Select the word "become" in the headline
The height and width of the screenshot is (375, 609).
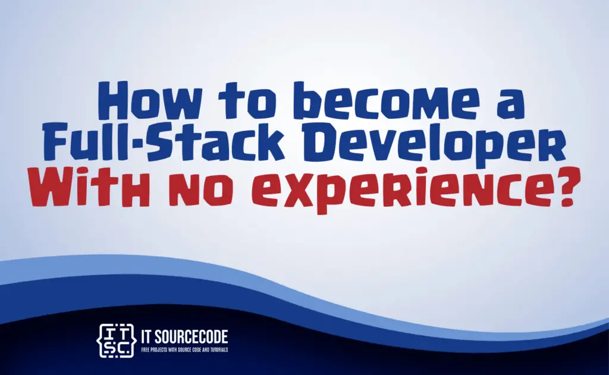click(x=390, y=101)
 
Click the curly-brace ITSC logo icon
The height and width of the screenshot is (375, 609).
click(x=116, y=341)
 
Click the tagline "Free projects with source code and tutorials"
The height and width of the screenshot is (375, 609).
click(x=184, y=350)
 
